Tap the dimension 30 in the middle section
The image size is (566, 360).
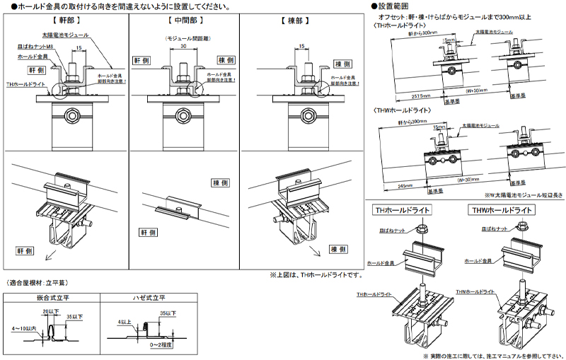point(183,46)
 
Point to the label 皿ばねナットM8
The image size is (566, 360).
point(36,46)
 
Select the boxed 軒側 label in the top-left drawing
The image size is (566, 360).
point(37,71)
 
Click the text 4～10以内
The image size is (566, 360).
point(22,329)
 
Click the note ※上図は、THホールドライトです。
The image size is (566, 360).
point(316,274)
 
